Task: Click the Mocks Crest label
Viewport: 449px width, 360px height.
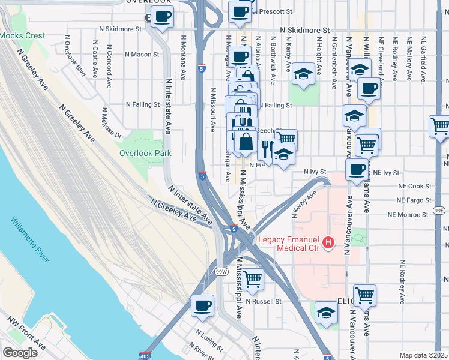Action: pyautogui.click(x=22, y=36)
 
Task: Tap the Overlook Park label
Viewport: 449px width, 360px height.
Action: pyautogui.click(x=145, y=153)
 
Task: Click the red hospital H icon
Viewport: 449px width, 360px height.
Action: pyautogui.click(x=328, y=242)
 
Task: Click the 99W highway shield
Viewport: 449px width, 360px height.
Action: pyautogui.click(x=221, y=272)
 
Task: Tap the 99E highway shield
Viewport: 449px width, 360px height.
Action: pyautogui.click(x=439, y=211)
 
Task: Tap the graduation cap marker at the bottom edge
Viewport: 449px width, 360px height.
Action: pyautogui.click(x=326, y=312)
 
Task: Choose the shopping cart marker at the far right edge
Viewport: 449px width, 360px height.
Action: pyautogui.click(x=439, y=126)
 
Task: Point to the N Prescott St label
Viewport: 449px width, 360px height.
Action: pyautogui.click(x=273, y=11)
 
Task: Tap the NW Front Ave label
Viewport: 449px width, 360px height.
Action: pyautogui.click(x=26, y=338)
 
